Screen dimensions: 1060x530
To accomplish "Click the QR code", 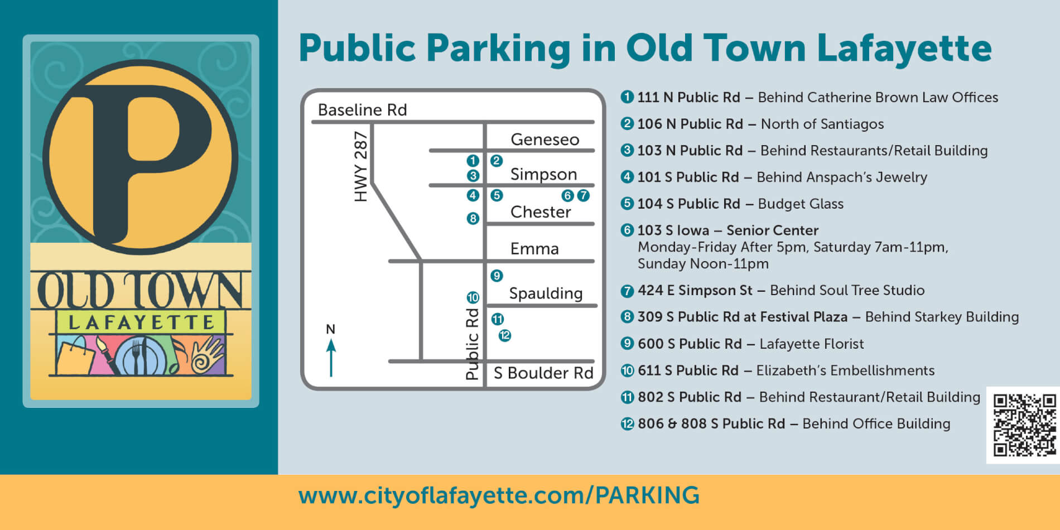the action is point(1024,425).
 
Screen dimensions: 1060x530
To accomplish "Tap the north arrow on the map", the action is point(331,358).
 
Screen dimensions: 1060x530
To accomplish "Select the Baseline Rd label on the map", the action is point(362,110).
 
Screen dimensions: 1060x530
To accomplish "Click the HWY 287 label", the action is point(361,166).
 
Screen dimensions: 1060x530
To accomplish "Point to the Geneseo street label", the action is point(545,139).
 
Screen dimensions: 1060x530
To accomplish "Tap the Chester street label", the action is point(541,212).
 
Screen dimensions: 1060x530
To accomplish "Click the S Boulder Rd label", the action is point(543,373).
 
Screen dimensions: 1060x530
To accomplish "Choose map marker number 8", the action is point(473,219).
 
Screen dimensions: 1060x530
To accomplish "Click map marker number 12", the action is point(505,335).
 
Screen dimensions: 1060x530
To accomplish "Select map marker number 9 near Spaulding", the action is point(497,276).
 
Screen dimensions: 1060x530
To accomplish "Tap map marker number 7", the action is point(583,195).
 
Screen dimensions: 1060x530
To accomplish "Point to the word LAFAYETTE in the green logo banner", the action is point(141,322).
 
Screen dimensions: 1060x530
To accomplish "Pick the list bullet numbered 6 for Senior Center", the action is point(627,230).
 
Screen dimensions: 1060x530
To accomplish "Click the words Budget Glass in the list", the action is point(801,204).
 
